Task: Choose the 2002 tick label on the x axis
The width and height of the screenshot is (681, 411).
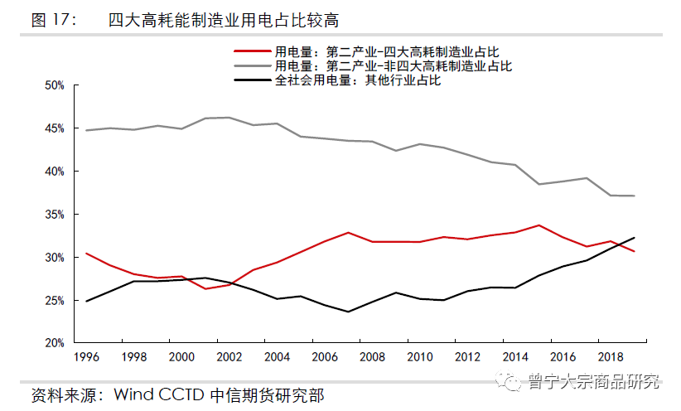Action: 229,357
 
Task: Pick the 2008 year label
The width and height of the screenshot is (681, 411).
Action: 373,357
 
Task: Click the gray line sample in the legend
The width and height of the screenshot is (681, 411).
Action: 254,65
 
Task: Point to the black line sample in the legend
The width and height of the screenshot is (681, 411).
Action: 254,80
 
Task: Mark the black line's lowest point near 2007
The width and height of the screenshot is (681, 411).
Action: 348,312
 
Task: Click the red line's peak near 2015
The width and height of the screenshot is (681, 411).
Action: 539,225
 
